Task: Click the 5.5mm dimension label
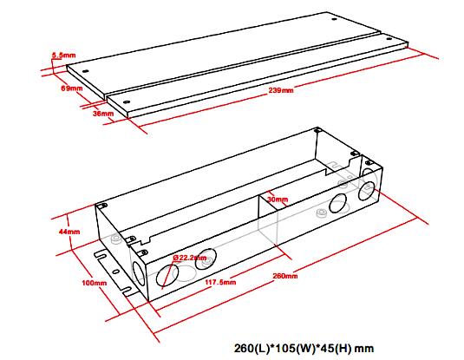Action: point(64,56)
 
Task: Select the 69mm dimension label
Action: point(72,88)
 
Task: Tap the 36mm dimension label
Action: point(103,114)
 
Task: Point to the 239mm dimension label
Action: point(281,90)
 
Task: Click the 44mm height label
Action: point(69,232)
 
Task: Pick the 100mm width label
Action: point(95,283)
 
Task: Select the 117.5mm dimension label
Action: point(220,282)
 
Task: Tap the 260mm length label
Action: point(285,276)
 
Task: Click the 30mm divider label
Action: point(278,200)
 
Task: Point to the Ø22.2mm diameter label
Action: point(190,258)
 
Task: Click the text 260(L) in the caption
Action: point(252,348)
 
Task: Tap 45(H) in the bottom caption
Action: point(335,348)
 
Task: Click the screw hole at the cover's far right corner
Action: point(389,38)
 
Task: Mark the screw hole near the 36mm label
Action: point(127,101)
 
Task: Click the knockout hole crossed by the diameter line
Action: point(167,276)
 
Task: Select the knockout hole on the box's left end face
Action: point(138,274)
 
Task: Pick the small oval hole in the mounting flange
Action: point(116,272)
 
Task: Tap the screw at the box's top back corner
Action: point(317,130)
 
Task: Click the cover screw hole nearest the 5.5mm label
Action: point(86,71)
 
